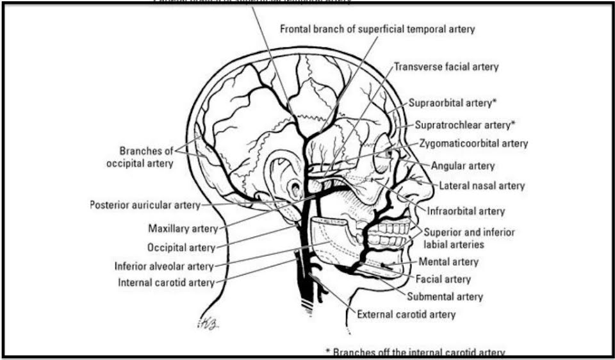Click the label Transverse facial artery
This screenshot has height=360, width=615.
(446, 67)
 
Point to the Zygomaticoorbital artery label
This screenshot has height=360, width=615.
(473, 143)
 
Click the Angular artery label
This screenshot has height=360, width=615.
(463, 165)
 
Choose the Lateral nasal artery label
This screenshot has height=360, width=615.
(482, 186)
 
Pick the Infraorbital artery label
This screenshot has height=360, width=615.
(464, 211)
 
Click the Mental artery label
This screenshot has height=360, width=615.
(448, 262)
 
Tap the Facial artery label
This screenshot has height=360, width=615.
(443, 279)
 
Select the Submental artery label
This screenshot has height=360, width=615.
(445, 297)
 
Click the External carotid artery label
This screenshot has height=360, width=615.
(406, 315)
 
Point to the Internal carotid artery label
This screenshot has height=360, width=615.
(165, 282)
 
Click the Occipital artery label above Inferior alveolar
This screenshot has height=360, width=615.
(181, 247)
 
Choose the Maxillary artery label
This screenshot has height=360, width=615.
(183, 228)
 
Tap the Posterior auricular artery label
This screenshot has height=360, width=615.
(145, 206)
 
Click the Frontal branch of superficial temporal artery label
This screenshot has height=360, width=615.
(377, 29)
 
